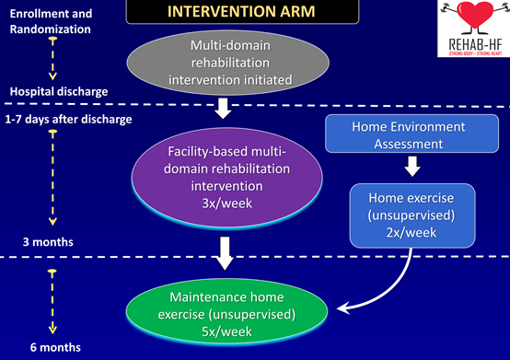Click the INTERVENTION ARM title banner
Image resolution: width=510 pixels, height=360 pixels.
(242, 11)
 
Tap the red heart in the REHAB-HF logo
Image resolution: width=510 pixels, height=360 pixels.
(475, 14)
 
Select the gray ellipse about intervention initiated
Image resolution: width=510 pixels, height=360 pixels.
(227, 63)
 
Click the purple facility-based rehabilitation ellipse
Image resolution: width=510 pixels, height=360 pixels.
(226, 178)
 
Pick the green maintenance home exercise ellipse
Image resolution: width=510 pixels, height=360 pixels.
(226, 312)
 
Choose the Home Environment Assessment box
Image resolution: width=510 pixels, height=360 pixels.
(411, 134)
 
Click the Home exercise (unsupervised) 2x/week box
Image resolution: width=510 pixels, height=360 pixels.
(412, 215)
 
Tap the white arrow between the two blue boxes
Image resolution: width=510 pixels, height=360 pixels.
(412, 166)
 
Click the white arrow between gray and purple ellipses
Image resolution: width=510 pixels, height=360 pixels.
(223, 109)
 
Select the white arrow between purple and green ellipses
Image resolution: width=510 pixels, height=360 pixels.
(225, 253)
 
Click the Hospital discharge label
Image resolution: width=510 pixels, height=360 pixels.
(59, 91)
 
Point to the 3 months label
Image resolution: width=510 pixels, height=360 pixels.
(48, 242)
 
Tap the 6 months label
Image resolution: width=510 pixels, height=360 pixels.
(55, 347)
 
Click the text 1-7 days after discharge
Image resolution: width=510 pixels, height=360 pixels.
(68, 120)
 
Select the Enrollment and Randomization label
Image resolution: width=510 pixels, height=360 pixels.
(51, 21)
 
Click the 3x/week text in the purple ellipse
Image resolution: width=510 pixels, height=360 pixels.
(227, 203)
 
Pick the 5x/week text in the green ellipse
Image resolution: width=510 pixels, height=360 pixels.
(226, 331)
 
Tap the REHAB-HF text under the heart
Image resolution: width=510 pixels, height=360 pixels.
(476, 44)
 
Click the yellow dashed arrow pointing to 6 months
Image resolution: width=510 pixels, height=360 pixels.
(52, 301)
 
